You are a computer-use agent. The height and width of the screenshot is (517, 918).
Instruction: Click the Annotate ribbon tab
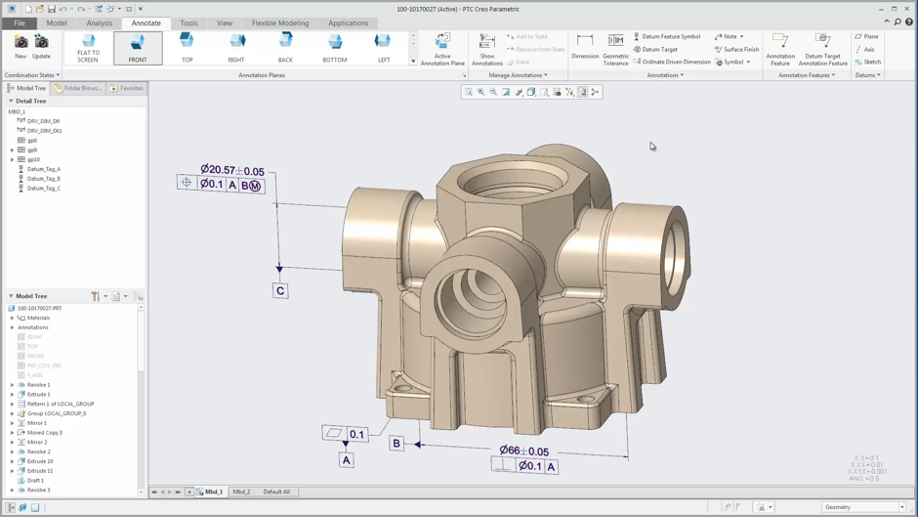pos(146,22)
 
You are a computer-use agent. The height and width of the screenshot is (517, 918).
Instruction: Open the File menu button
pos(20,22)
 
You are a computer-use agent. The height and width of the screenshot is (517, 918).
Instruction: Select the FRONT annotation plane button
pos(138,47)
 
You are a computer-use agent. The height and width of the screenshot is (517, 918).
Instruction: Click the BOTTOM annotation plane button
pos(335,47)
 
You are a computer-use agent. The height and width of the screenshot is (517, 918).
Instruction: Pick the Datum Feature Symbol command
pos(670,36)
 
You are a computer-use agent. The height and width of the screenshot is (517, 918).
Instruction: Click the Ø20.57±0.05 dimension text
pos(232,170)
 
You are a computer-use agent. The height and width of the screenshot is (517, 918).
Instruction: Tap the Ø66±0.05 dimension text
pos(524,451)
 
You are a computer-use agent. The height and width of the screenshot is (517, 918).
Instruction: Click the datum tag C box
pos(280,290)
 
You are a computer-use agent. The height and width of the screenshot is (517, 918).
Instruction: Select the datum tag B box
pos(396,444)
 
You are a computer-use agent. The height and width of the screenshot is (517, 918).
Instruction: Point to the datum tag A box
pos(346,459)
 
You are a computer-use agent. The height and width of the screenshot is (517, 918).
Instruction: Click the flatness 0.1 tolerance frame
pos(346,434)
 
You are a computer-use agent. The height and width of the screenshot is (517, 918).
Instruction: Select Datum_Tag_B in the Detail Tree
pos(44,179)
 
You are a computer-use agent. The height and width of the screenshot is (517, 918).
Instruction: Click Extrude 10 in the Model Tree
pos(40,461)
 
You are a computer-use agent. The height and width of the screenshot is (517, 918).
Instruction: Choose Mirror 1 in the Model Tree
pos(38,423)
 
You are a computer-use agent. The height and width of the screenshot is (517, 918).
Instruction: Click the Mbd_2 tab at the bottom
pos(241,492)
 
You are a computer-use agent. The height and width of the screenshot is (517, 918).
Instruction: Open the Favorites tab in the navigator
pos(127,88)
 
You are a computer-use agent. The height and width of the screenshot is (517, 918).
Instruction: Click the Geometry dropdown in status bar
pos(863,507)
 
